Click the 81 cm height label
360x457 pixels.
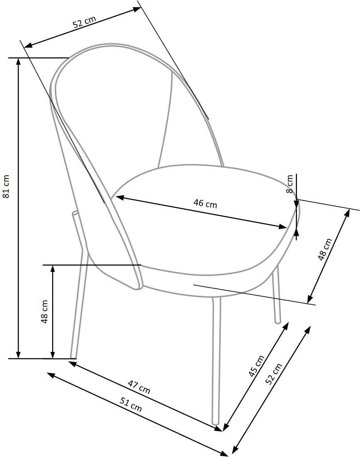(6, 186)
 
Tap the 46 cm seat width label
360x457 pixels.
(205, 204)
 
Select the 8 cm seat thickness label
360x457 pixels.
(289, 184)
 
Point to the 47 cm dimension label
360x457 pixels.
(139, 387)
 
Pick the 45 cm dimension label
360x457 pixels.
(256, 366)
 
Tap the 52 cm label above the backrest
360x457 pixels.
(84, 22)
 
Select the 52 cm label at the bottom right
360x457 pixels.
(274, 374)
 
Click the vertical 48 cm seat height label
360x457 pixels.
(44, 312)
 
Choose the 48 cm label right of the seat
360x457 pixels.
(325, 249)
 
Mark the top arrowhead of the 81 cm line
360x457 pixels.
(18, 61)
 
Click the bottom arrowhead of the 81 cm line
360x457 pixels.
(18, 354)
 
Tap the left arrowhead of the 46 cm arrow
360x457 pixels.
(120, 198)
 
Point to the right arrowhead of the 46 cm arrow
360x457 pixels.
(283, 227)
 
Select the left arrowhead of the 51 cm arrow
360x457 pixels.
(51, 375)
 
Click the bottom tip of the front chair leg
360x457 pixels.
(215, 423)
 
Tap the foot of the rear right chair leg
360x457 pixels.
(278, 322)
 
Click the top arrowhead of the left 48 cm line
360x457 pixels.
(53, 269)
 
